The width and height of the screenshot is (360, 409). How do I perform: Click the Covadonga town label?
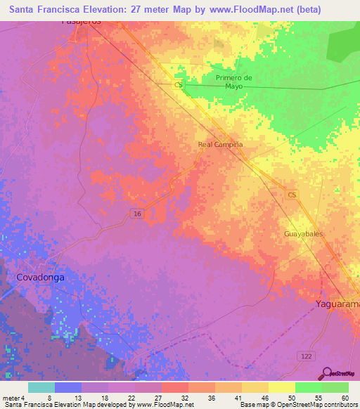[x=40, y=278]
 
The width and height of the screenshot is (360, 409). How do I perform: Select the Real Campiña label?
[x=220, y=145]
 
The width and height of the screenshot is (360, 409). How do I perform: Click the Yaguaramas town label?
[x=336, y=304]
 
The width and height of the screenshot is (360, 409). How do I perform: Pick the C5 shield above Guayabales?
[x=292, y=194]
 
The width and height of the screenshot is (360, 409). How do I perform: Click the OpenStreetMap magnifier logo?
[x=328, y=374]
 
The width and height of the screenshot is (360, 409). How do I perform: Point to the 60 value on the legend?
[x=345, y=398]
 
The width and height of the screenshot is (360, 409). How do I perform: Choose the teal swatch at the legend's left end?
[x=41, y=387]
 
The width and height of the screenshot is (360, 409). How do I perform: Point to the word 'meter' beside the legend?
[x=11, y=398]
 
